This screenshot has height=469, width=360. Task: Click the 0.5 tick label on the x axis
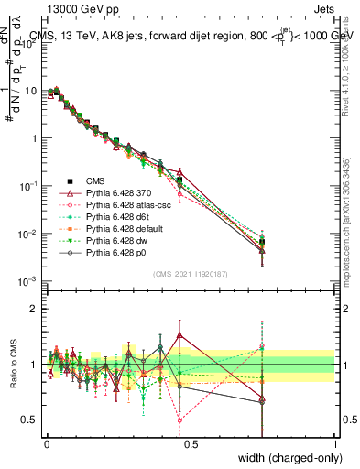pos(191,443)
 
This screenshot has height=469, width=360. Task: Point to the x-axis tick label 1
pos(335,443)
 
